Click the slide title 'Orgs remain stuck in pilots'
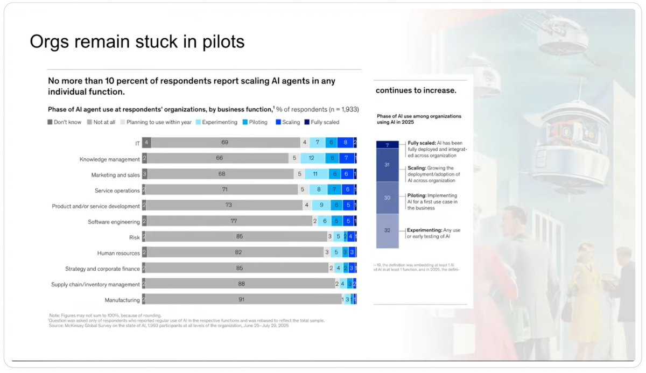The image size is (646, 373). [x=137, y=41]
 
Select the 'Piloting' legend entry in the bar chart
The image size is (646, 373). [x=258, y=122]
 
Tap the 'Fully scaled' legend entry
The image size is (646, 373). [x=324, y=122]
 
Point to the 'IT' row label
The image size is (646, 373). [x=137, y=144]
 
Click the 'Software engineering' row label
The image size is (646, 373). [x=114, y=222]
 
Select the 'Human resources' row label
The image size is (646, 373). [x=118, y=253]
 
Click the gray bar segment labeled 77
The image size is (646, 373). [x=229, y=221]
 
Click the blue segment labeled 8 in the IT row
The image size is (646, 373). [x=345, y=143]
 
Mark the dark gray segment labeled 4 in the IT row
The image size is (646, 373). [x=146, y=143]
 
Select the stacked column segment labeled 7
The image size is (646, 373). [x=387, y=144]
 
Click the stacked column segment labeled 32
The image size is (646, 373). [x=387, y=231]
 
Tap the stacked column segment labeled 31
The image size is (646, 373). [x=387, y=165]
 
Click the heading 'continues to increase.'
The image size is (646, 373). [x=416, y=90]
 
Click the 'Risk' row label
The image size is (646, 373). [x=134, y=237]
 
